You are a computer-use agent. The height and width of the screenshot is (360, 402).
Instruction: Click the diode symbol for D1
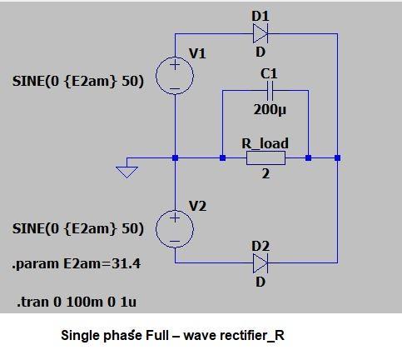pos(260,34)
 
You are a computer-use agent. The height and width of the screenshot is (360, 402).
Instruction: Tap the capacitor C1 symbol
pos(269,93)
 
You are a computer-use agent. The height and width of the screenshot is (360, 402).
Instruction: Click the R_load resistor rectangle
pos(265,157)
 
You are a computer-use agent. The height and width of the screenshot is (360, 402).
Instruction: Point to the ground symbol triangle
pos(127,171)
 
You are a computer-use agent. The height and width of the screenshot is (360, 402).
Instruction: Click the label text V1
pos(197,53)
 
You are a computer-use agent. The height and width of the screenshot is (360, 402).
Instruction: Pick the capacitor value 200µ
pos(269,109)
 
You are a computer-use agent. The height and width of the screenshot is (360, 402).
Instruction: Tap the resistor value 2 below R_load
pos(265,174)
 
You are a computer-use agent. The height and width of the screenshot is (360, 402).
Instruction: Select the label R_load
pos(265,142)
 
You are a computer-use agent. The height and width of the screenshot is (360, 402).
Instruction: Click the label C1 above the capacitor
pos(269,74)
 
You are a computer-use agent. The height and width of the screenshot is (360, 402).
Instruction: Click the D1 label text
pos(260,15)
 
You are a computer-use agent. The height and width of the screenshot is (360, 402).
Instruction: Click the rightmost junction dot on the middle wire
pos(337,157)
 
